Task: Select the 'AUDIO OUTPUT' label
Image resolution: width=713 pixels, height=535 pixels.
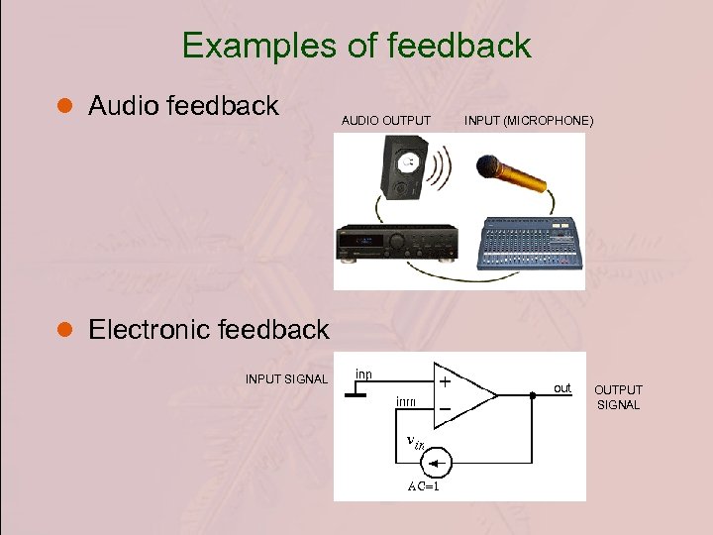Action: pyautogui.click(x=386, y=121)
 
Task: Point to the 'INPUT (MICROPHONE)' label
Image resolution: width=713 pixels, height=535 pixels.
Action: pyautogui.click(x=529, y=121)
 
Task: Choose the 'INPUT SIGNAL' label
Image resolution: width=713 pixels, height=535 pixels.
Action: pyautogui.click(x=286, y=378)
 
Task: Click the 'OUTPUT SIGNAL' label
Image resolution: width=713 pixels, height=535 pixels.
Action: pyautogui.click(x=618, y=397)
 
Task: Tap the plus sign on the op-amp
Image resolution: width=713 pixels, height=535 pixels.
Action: pyautogui.click(x=446, y=380)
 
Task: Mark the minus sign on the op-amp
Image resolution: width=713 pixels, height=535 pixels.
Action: pyautogui.click(x=446, y=408)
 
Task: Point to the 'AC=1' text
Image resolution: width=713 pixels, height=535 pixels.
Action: pyautogui.click(x=424, y=486)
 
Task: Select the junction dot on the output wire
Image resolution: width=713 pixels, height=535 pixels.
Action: pyautogui.click(x=533, y=394)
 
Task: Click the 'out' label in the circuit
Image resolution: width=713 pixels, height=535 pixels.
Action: pyautogui.click(x=562, y=387)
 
